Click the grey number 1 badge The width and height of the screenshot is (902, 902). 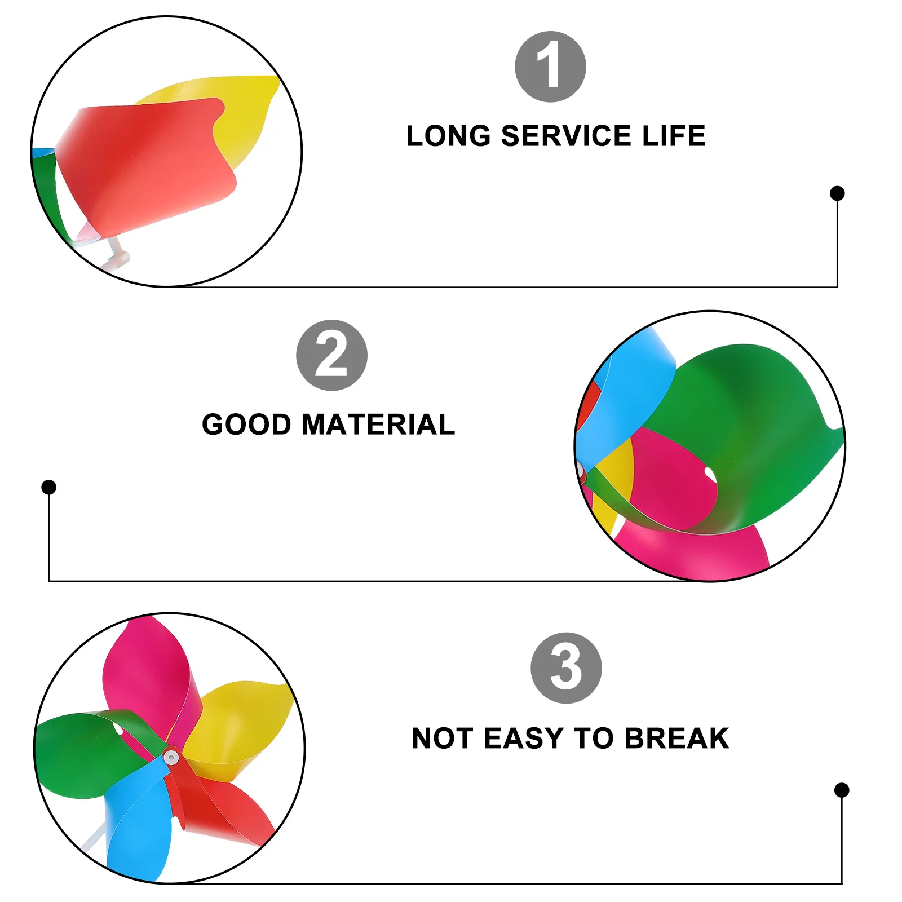(x=550, y=67)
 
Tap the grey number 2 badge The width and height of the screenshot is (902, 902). (x=331, y=355)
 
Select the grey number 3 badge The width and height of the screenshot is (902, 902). (x=566, y=668)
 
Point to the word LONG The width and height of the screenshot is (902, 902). (x=448, y=136)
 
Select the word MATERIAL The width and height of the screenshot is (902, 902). (x=378, y=425)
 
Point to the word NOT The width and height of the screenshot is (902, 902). (x=442, y=739)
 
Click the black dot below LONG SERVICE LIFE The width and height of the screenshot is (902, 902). (x=837, y=193)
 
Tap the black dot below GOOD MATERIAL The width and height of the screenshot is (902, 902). (x=49, y=487)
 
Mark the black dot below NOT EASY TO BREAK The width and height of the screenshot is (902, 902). (x=842, y=790)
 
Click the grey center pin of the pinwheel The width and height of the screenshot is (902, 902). (x=171, y=757)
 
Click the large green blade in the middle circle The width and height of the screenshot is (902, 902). (x=750, y=428)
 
